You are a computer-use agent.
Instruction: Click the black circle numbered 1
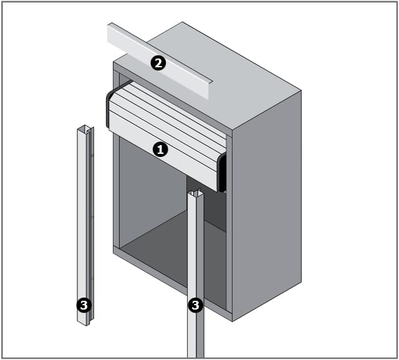160,149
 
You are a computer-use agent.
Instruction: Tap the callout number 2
158,63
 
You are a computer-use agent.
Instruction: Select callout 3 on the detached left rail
84,305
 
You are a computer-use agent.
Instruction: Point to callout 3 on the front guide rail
195,305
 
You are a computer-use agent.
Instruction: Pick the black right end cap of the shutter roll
223,173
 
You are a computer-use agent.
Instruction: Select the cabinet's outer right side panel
267,206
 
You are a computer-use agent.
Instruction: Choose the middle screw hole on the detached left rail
92,217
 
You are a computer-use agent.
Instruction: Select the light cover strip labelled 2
160,61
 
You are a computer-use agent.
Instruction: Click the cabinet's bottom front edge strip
173,284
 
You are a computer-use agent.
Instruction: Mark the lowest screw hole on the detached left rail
92,279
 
